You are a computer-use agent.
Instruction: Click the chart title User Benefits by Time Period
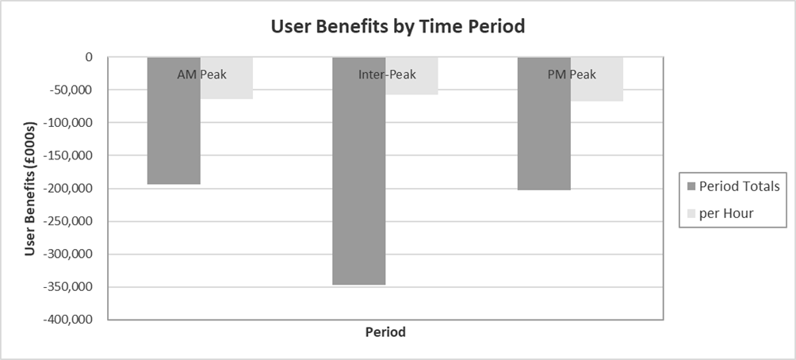(x=398, y=26)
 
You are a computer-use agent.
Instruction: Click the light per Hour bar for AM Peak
(x=227, y=89)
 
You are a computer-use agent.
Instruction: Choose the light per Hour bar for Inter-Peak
(x=411, y=87)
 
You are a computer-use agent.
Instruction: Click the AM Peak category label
(x=201, y=75)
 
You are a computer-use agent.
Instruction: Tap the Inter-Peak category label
(x=385, y=75)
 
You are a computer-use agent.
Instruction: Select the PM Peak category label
(x=571, y=75)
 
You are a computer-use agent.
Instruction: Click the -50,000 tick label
(x=70, y=90)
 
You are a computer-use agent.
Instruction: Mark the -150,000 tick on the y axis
(x=67, y=156)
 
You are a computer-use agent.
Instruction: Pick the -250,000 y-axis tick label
(x=67, y=222)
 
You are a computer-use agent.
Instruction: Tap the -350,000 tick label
(x=67, y=287)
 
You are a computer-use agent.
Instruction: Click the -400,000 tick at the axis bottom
(x=67, y=320)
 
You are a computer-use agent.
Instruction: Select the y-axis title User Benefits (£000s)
(x=30, y=189)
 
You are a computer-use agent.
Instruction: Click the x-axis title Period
(x=385, y=332)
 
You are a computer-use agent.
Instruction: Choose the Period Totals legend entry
(x=733, y=187)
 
